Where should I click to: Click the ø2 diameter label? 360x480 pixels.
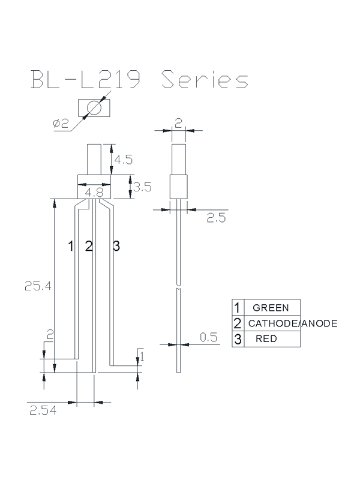(x=61, y=124)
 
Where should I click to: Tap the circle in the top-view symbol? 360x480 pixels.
(x=93, y=109)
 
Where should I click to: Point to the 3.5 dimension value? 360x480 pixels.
(x=142, y=187)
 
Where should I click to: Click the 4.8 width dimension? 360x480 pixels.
(x=94, y=193)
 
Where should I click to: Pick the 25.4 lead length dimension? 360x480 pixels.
(x=34, y=286)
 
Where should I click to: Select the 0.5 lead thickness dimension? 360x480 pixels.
(x=208, y=338)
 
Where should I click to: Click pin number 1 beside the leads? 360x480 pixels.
(x=71, y=245)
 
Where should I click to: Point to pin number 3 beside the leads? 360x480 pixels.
(x=116, y=245)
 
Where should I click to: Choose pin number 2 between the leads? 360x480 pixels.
(x=89, y=245)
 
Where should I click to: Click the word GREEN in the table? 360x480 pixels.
(x=271, y=308)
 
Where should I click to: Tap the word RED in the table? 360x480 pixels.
(x=266, y=339)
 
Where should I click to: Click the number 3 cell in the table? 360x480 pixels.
(x=238, y=339)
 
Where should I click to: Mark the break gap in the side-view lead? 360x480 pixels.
(x=179, y=286)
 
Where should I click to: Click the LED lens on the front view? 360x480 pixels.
(x=95, y=159)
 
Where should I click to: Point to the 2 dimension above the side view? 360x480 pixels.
(x=178, y=124)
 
